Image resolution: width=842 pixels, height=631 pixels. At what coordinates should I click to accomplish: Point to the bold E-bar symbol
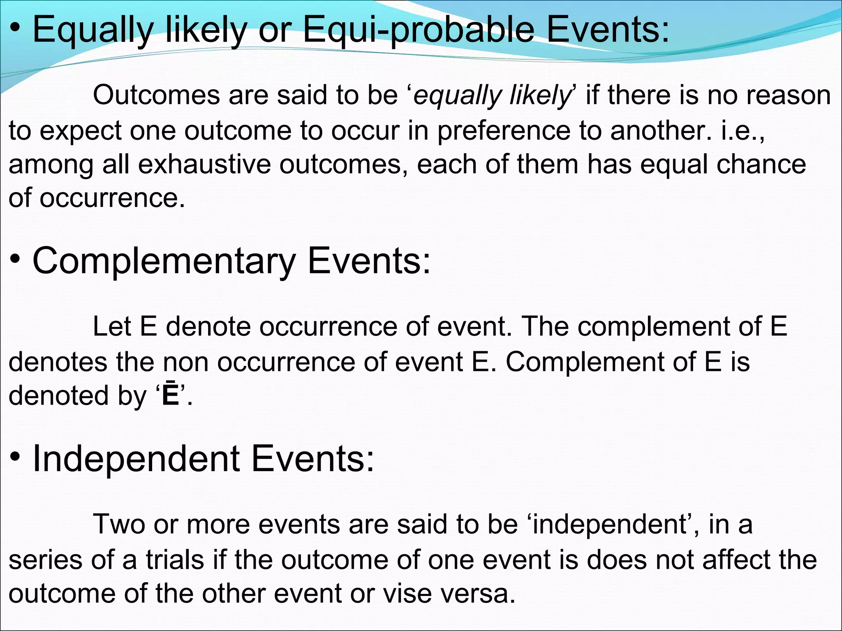click(x=171, y=395)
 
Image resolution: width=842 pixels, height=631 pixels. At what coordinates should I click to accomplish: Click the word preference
click(x=504, y=131)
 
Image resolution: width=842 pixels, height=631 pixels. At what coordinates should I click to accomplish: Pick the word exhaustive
click(x=204, y=164)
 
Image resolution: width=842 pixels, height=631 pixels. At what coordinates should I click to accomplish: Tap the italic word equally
click(x=457, y=96)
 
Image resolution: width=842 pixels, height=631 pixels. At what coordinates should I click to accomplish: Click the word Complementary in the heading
click(x=164, y=262)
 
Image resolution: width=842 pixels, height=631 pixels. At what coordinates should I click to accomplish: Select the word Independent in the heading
click(x=136, y=459)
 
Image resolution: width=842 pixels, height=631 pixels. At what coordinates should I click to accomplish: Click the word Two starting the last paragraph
click(x=120, y=525)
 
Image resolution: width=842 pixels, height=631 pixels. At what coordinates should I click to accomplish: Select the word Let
click(x=112, y=327)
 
